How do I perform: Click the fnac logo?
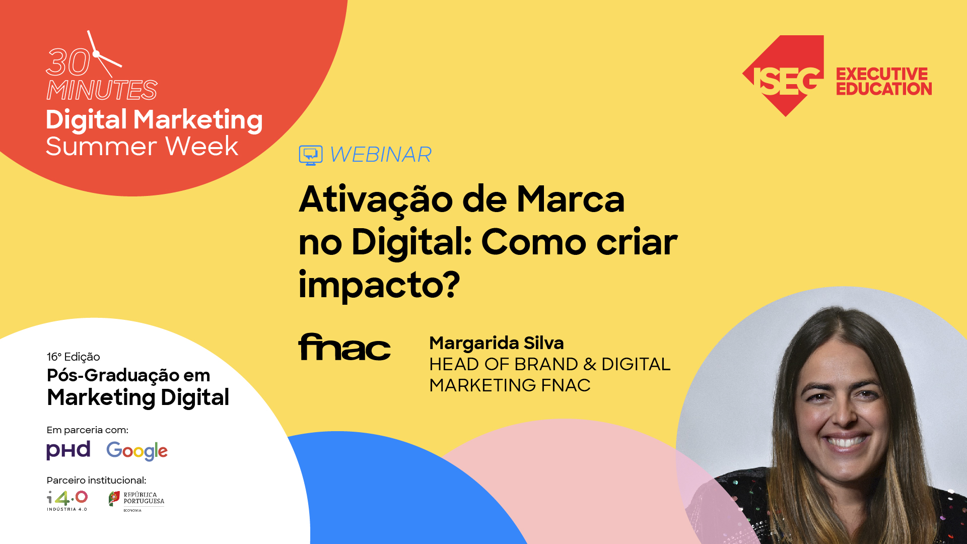344,347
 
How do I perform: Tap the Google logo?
136,451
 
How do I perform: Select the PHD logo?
68,450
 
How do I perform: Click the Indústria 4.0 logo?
67,500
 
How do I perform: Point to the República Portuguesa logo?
136,500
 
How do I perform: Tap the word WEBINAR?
381,155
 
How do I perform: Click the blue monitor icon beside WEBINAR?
310,155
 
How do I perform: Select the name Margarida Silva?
496,343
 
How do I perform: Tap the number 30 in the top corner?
67,63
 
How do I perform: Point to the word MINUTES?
102,91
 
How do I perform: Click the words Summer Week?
142,147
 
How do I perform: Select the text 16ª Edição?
73,357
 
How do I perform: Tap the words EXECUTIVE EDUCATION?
883,82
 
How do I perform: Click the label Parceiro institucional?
96,480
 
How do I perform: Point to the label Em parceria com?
87,430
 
